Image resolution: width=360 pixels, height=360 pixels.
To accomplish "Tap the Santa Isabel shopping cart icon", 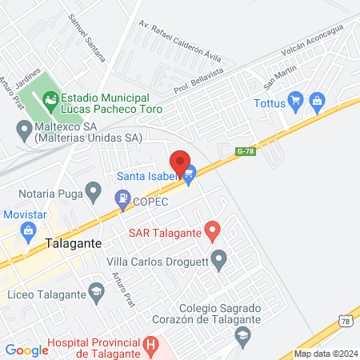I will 190,177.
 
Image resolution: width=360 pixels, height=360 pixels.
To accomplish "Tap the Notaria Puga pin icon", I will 94,191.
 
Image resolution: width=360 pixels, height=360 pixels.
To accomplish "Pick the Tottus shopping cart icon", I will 296,102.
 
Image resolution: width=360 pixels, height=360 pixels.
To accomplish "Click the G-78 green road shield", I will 245,150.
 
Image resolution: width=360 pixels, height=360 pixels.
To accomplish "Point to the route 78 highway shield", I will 346,321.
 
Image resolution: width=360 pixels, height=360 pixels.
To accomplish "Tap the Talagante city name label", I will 73,245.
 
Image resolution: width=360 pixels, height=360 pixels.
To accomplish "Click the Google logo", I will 26,350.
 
